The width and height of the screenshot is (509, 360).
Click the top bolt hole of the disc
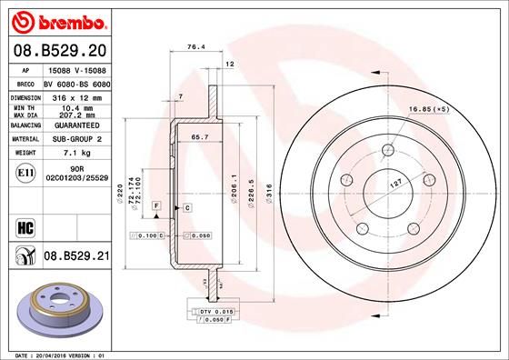[x=388, y=149]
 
